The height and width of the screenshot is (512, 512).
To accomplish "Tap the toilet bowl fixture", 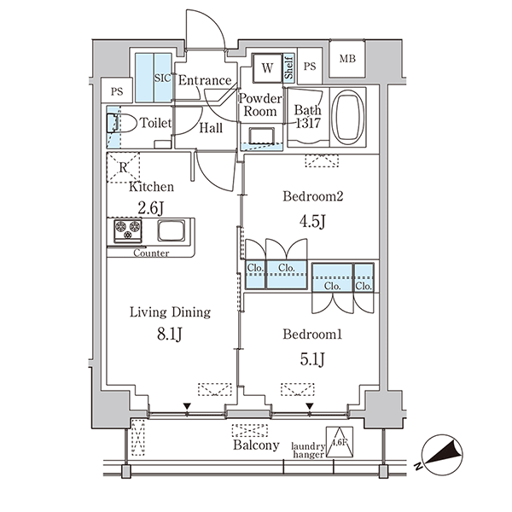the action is (121, 123).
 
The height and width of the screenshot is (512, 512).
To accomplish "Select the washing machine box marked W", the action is (267, 68).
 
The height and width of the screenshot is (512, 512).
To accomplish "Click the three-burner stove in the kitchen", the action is (128, 231).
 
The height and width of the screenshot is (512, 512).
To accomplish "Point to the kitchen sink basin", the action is (172, 230).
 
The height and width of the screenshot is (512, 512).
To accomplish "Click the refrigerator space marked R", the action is (123, 167).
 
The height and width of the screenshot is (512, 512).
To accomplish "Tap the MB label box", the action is (347, 59).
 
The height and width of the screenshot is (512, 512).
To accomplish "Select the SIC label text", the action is (162, 78).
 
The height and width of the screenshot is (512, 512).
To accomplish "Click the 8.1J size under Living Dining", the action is (169, 334).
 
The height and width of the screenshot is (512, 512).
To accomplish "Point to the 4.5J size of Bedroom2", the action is (312, 222).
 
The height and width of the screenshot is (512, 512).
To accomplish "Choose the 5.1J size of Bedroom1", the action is (312, 359).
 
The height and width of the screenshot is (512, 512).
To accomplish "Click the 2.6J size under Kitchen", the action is (150, 207).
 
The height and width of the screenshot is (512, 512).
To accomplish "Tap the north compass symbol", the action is (441, 455).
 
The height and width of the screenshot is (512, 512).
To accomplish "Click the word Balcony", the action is (256, 445).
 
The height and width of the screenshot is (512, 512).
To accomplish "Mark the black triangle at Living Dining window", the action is (187, 406).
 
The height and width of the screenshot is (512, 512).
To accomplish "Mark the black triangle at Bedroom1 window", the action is (310, 406).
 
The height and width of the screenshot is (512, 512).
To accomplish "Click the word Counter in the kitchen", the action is (151, 253).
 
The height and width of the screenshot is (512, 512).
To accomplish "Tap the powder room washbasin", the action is (261, 137).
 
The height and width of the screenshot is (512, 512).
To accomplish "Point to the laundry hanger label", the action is (308, 451).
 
